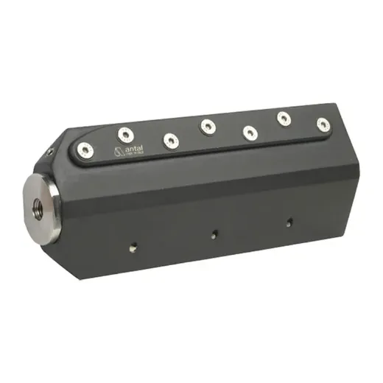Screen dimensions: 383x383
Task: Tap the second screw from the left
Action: (x=126, y=134)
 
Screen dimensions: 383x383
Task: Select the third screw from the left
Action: (x=171, y=141)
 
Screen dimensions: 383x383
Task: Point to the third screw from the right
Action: (x=250, y=133)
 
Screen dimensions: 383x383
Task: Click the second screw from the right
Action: (x=284, y=118)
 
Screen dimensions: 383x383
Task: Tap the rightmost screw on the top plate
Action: (x=323, y=124)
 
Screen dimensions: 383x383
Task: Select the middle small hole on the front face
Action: (x=214, y=235)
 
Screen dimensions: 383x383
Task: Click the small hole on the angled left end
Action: (x=50, y=152)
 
